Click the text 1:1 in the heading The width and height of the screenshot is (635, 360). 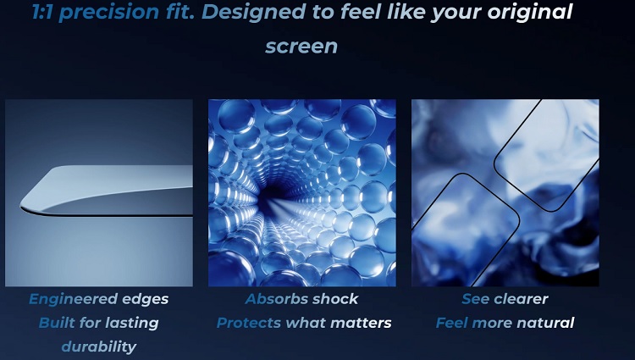[43, 11]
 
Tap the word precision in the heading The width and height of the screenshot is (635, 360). [108, 12]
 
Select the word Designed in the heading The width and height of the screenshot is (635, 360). [253, 12]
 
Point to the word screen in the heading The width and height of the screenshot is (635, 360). [301, 46]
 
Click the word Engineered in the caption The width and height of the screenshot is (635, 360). [73, 300]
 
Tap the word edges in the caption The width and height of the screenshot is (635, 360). [145, 300]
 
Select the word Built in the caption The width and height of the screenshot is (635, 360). [57, 323]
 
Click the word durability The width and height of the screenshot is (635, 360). [99, 347]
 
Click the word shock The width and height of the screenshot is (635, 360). [335, 299]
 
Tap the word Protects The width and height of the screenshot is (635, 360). [249, 323]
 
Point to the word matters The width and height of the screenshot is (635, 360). [361, 323]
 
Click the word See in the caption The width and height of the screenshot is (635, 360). [476, 299]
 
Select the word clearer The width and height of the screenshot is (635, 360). [522, 299]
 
